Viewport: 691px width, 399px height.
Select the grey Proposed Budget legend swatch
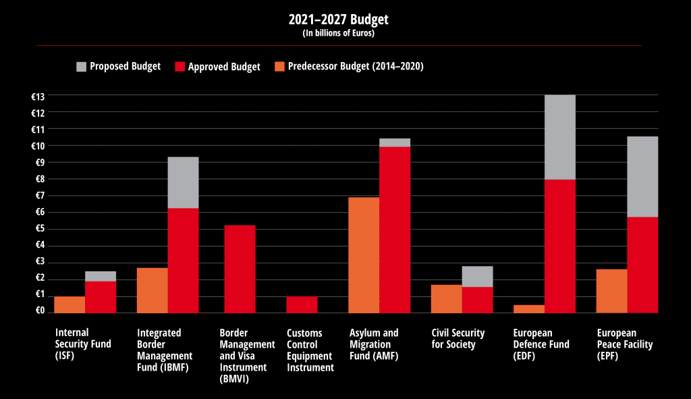click(x=82, y=66)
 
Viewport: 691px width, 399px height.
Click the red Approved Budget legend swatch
click(x=179, y=66)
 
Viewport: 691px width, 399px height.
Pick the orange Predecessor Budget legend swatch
click(x=279, y=66)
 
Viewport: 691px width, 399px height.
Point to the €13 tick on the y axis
click(x=38, y=96)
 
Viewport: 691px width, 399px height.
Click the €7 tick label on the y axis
click(x=38, y=196)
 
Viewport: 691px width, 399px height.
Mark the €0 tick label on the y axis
click(x=38, y=311)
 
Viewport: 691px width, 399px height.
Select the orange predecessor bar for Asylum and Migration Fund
click(x=363, y=255)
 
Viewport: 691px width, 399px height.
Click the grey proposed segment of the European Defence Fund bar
click(x=559, y=137)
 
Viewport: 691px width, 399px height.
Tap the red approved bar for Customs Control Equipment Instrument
click(x=302, y=304)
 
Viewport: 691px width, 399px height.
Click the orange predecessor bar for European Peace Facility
click(x=611, y=291)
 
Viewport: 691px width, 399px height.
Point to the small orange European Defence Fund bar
click(x=528, y=309)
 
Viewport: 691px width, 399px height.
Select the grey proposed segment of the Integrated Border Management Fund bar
click(x=183, y=182)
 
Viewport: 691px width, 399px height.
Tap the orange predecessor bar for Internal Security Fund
click(x=70, y=304)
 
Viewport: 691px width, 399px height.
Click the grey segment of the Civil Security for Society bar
click(x=477, y=277)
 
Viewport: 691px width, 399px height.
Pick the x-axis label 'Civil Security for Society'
click(x=458, y=339)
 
